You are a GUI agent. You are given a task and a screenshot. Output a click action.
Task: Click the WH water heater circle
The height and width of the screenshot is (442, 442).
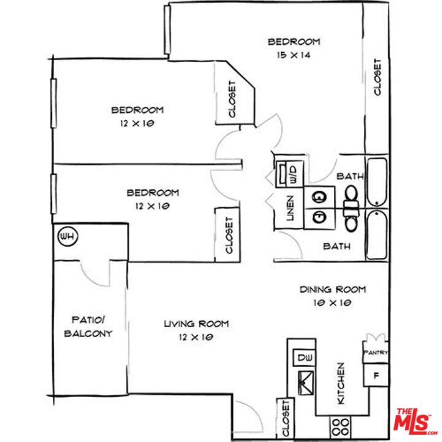point(66,236)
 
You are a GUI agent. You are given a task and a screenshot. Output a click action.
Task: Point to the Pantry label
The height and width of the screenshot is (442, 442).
point(375,352)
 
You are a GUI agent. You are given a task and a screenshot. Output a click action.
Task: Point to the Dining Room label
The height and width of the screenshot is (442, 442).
point(333,289)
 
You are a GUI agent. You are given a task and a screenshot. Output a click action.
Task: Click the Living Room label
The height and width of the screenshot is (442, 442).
point(196,324)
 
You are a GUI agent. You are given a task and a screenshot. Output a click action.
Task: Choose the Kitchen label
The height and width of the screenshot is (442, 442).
point(340,383)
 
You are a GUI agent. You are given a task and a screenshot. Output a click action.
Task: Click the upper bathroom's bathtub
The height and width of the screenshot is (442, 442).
point(376,182)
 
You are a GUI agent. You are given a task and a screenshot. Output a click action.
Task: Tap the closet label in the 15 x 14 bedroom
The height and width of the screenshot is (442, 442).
point(378,77)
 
